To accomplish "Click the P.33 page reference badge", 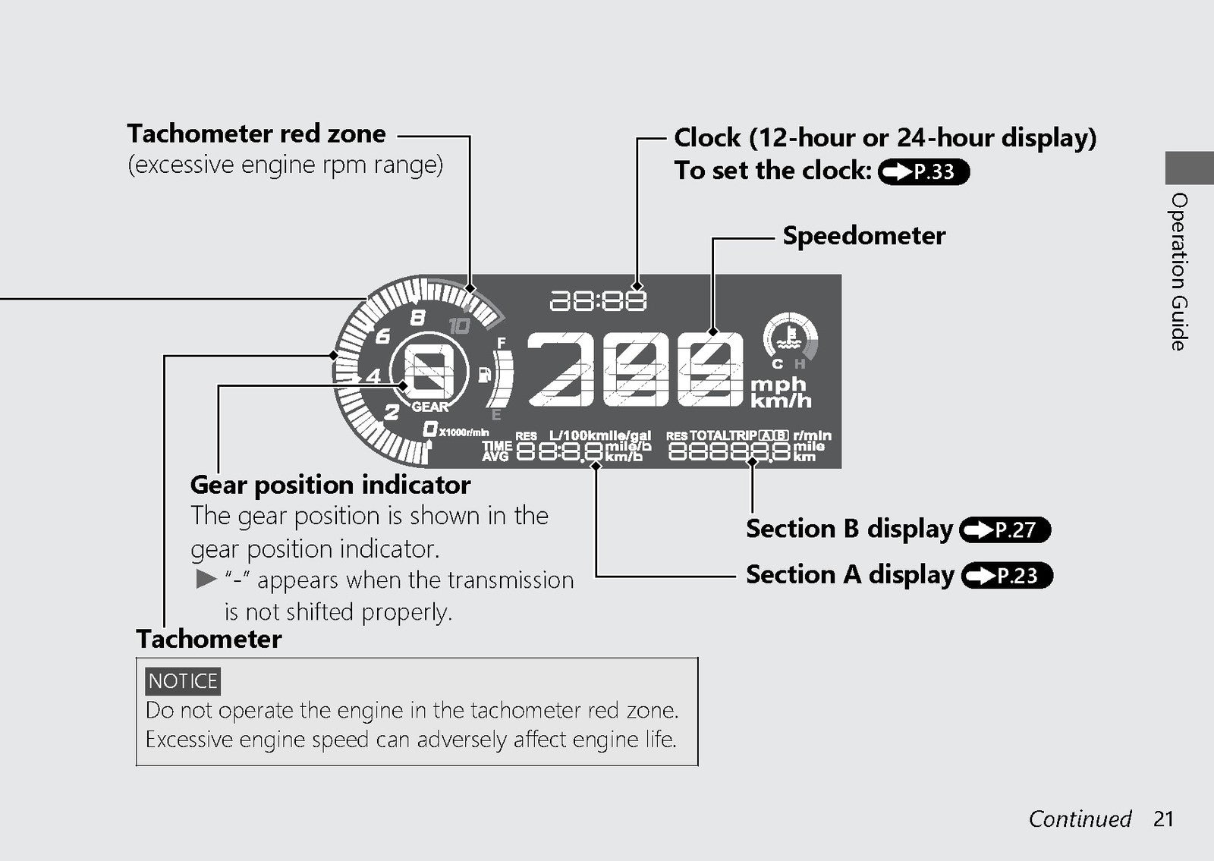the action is pos(923,171).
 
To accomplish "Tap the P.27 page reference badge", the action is pos(1005,530).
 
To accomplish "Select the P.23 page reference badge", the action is pos(1007,576).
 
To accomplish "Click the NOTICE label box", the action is pos(183,681).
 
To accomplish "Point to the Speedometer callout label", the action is pos(864,236).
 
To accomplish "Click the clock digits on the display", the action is pos(599,300).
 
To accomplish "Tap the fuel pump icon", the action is pos(484,375).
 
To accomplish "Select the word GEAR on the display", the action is pos(430,407).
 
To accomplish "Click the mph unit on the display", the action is pos(778,384).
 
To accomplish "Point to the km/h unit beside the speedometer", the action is pos(781,401).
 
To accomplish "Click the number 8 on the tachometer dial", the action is pos(418,318).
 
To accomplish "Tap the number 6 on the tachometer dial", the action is pos(383,337).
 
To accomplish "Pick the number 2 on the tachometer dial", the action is pos(392,413).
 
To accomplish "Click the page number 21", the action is pos(1163,819).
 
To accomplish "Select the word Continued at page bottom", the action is pos(1080,819).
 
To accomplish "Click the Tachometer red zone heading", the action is pos(256,134).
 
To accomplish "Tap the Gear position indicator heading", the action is pos(331,485).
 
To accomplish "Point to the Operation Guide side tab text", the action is pos(1179,272).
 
